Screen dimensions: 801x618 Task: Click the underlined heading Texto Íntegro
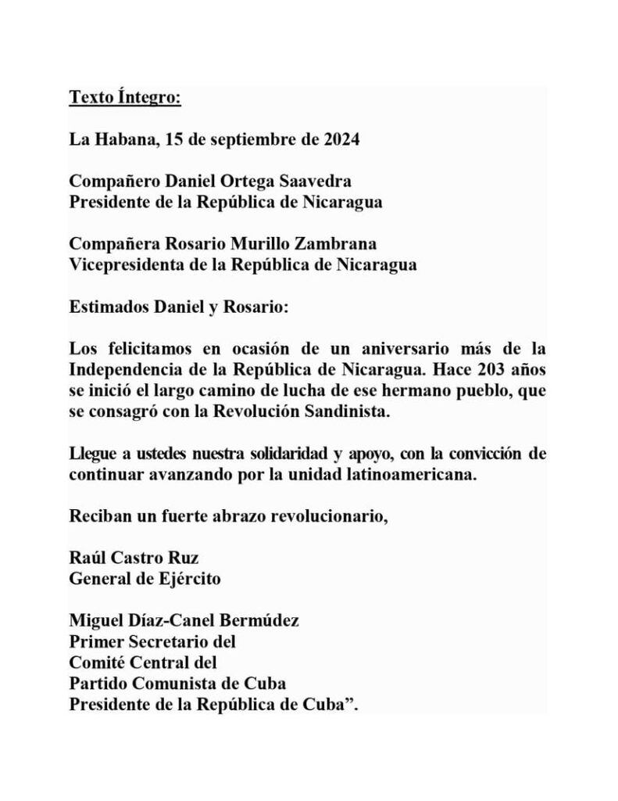click(x=125, y=98)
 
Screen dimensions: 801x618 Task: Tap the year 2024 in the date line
click(x=340, y=140)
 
